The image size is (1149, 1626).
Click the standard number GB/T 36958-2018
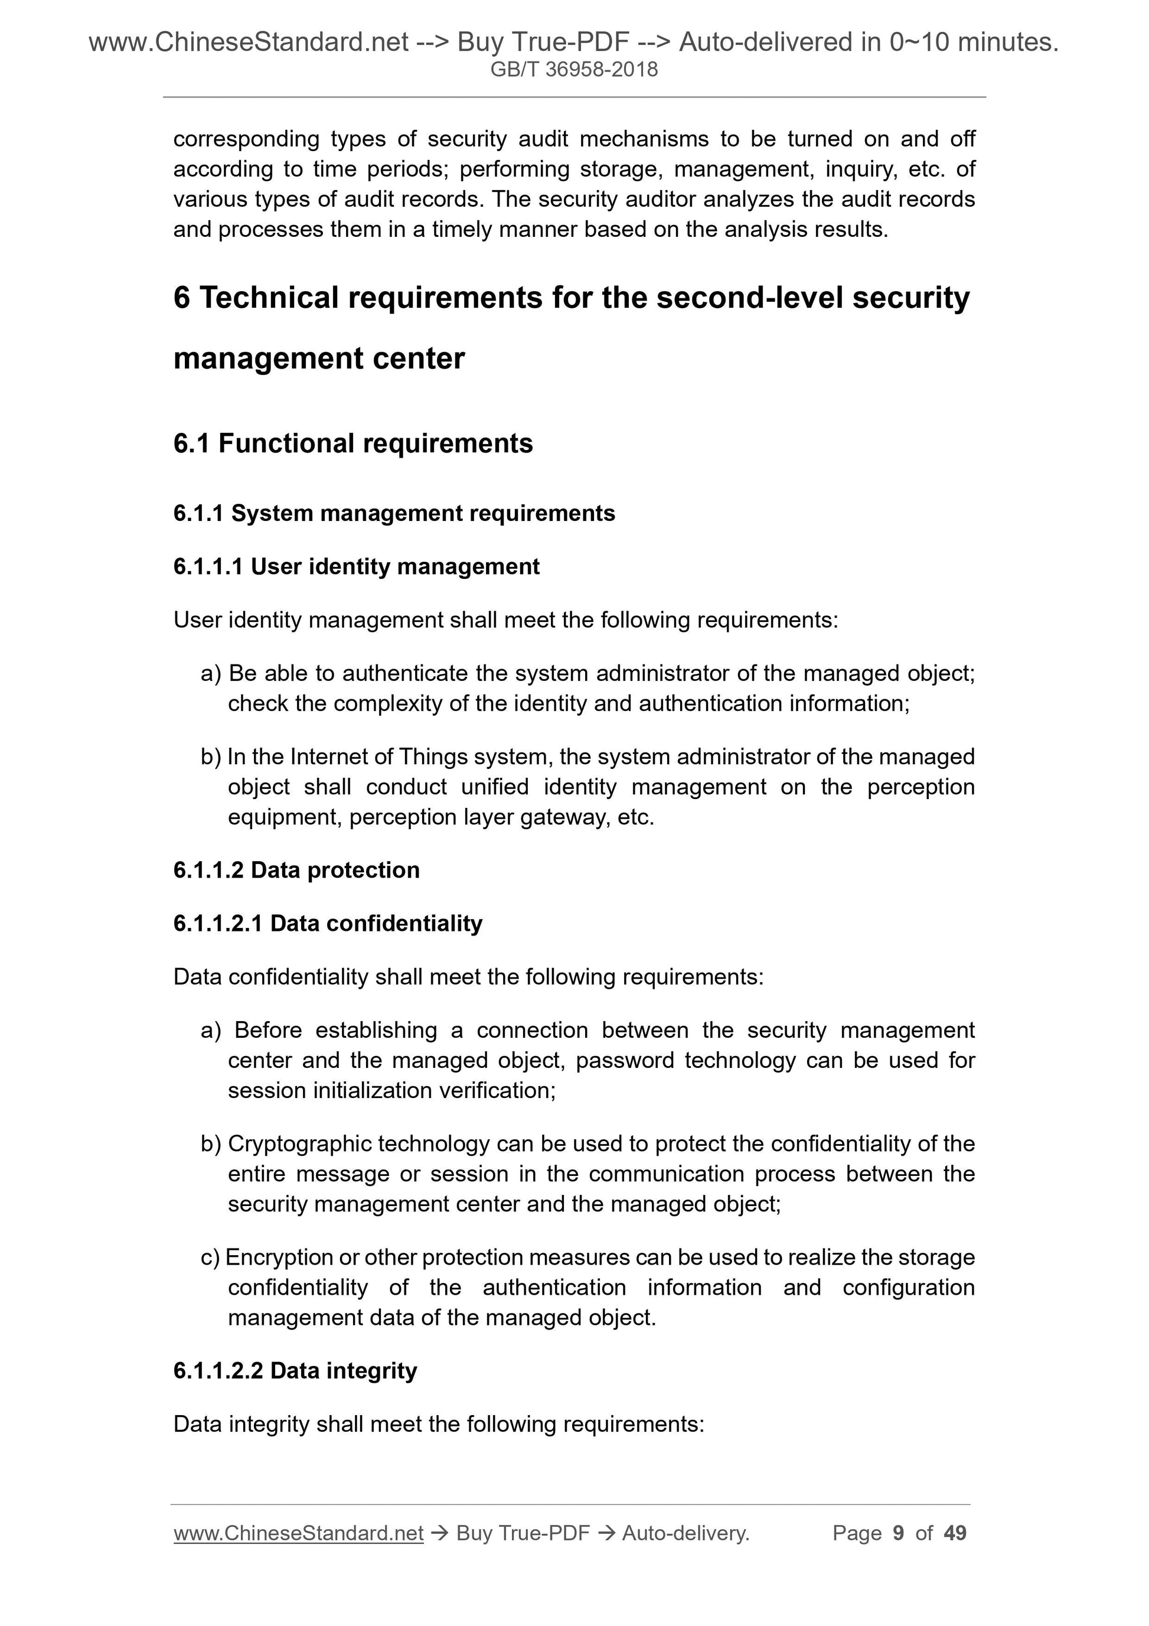574,70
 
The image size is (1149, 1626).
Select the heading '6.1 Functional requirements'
352,444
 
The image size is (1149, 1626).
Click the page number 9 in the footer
899,1533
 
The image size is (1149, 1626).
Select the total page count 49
955,1533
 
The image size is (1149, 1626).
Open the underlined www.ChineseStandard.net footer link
298,1533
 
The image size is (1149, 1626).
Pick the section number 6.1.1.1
208,566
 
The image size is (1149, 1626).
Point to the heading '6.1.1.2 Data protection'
296,869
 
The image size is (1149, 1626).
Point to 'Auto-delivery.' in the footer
686,1533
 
